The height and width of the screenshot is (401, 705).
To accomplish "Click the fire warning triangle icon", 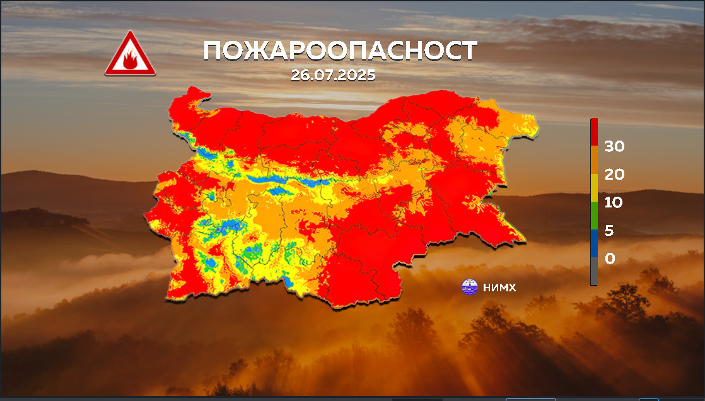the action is coord(131,54).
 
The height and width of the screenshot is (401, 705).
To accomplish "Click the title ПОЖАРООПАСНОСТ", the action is coord(341,51).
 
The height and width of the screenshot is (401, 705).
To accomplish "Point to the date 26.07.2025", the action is coord(333,75).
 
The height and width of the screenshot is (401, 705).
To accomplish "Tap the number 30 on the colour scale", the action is coord(614,146).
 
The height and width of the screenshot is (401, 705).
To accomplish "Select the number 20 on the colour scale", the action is coord(614,174).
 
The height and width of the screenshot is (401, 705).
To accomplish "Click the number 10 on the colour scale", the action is coord(614,202).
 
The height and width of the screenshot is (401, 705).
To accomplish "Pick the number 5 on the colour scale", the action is coord(609,231).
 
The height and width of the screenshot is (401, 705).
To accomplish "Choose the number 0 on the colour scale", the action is coord(610,259).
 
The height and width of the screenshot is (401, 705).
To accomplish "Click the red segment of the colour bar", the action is coord(594,132).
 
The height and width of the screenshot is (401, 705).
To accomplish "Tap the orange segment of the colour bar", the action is coord(594,160).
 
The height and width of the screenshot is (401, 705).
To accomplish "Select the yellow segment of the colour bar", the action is coord(594,188).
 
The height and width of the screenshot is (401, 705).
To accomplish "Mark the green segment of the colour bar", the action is coord(594,216).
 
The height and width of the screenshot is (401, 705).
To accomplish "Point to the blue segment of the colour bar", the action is coord(594,243).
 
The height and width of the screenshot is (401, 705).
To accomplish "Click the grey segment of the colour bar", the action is coord(594,271).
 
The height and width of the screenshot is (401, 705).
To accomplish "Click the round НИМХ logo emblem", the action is coord(469,287).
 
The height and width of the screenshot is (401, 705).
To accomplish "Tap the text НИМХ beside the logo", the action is coord(499,288).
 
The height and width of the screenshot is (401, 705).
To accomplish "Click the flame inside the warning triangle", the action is coord(130,60).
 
